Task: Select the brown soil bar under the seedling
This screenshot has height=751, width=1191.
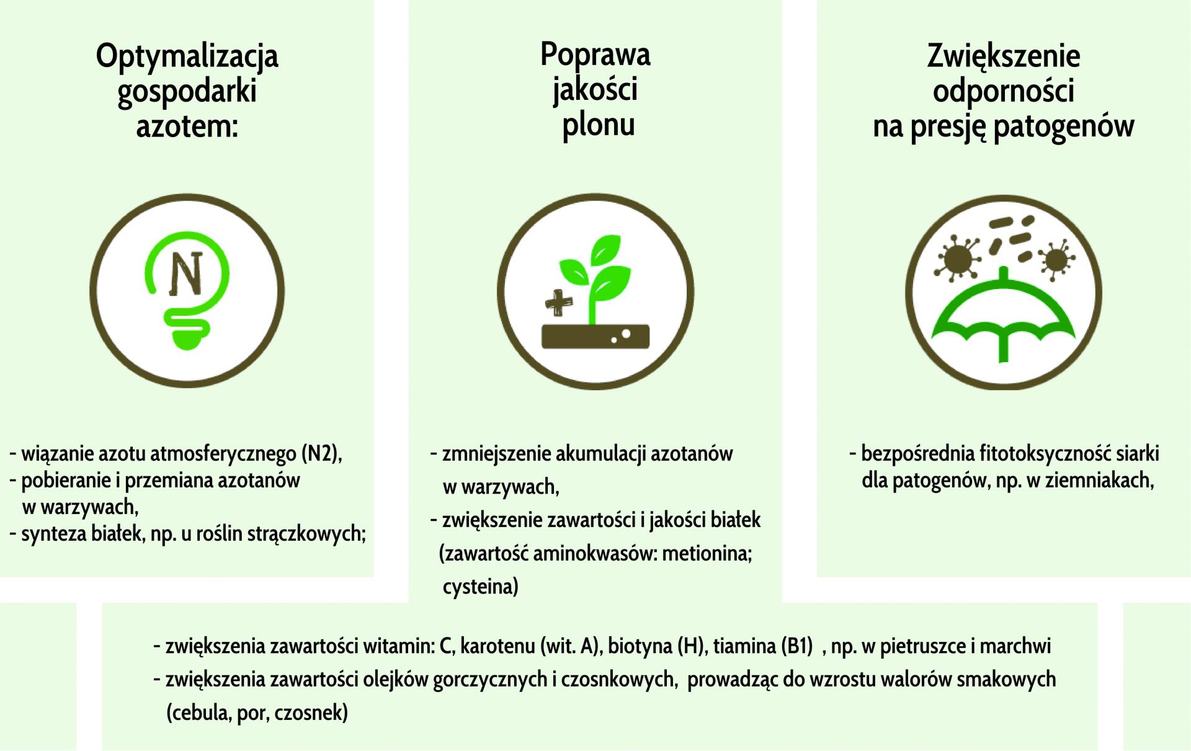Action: [x=595, y=336]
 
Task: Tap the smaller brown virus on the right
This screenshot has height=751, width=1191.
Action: [x=1053, y=259]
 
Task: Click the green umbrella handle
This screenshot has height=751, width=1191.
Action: [x=1004, y=344]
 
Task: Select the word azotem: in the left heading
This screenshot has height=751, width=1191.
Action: [x=187, y=127]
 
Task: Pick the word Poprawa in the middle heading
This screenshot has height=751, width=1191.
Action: [x=595, y=56]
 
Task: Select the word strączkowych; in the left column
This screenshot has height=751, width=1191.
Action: [x=306, y=533]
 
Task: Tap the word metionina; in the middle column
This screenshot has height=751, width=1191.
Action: [x=707, y=553]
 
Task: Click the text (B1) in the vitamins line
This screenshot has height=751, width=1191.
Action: [x=796, y=647]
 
